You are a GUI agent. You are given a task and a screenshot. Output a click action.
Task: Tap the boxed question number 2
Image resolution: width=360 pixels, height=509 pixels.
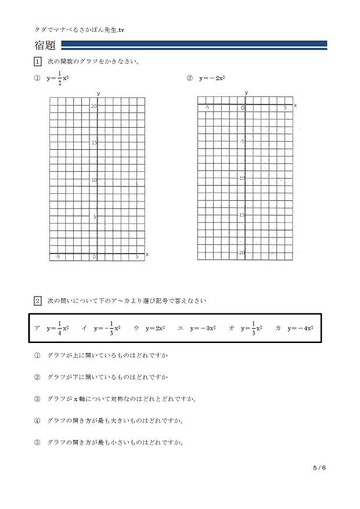[x=38, y=301]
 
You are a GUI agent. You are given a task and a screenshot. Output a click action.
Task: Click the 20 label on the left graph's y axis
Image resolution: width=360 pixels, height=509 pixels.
[x=93, y=106]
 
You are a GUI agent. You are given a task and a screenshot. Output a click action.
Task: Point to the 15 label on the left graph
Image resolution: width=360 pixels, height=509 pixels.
[x=93, y=143]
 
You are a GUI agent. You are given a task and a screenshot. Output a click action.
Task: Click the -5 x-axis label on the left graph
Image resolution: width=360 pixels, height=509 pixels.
[x=57, y=257]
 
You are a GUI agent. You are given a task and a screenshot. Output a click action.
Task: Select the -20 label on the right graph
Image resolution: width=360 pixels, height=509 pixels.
[x=241, y=252]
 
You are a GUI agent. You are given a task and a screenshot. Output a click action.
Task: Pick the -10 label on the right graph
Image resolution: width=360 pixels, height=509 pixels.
[x=241, y=178]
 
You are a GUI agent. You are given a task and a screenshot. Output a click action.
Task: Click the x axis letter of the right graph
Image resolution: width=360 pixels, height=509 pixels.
[x=295, y=105]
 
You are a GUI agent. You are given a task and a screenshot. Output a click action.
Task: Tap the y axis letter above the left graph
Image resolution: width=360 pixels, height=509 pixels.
[x=99, y=93]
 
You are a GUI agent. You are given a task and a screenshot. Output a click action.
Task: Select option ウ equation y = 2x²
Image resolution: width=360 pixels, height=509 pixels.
[x=156, y=328]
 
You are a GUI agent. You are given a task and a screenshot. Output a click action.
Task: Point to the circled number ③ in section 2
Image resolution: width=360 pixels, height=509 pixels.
[x=38, y=399]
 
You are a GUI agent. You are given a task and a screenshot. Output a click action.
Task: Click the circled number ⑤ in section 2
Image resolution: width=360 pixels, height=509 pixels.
[x=38, y=442]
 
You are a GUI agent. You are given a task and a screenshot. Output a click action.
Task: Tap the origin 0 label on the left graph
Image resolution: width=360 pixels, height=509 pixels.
[x=94, y=257]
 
